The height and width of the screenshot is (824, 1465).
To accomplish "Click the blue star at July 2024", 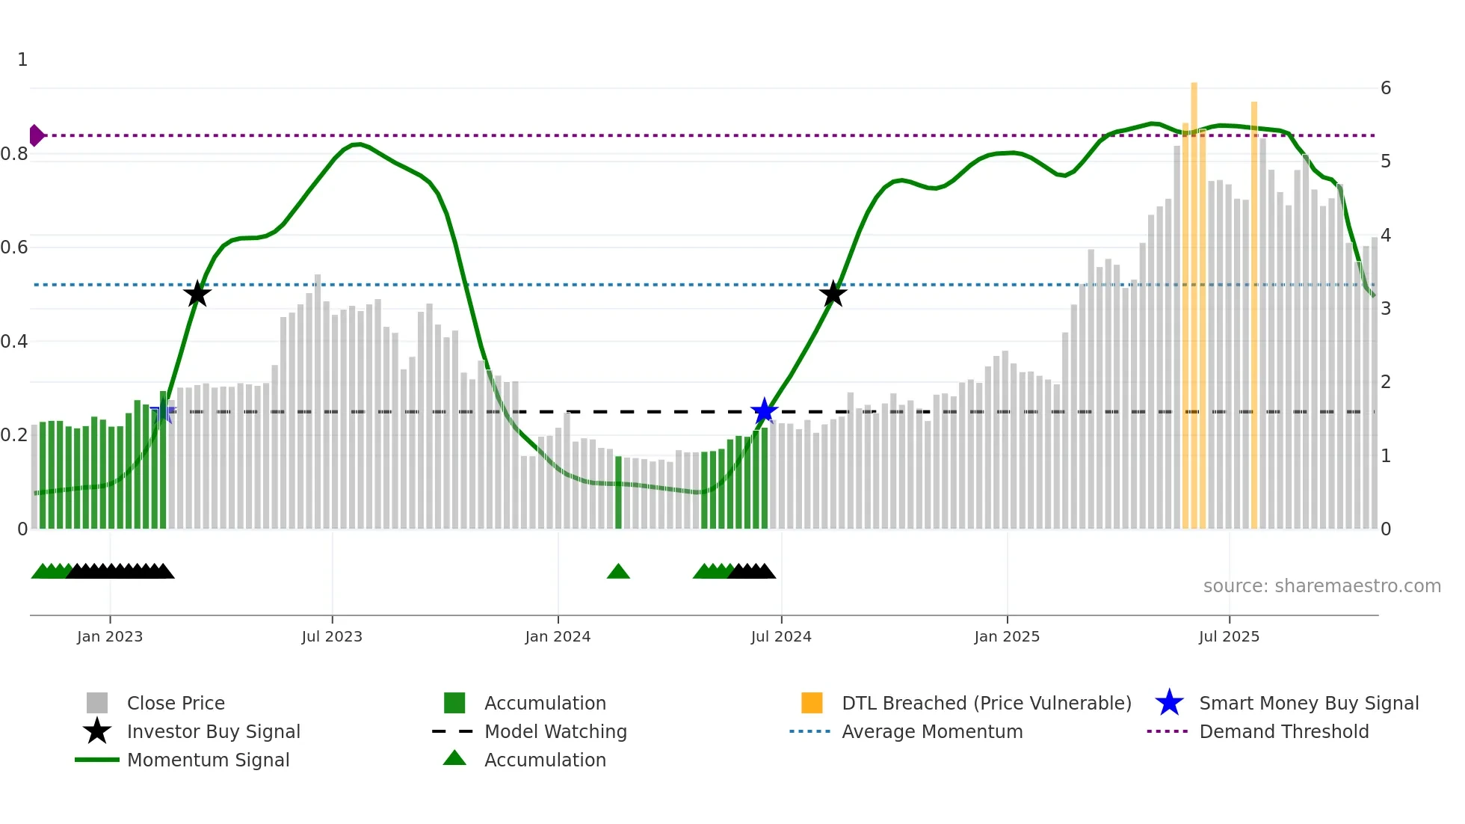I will [764, 411].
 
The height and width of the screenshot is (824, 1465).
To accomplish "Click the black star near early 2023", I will [197, 294].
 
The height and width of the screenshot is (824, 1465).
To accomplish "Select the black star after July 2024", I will [833, 294].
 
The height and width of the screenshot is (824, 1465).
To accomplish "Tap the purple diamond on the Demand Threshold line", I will [36, 135].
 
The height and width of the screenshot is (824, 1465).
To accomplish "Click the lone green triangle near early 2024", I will [618, 572].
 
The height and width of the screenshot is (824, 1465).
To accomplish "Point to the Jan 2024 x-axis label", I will [558, 637].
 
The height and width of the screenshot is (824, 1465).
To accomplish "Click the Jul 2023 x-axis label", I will [332, 637].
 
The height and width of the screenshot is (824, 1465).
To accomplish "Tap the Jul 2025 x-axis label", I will [1229, 637].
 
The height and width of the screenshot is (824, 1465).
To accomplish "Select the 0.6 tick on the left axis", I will [14, 247].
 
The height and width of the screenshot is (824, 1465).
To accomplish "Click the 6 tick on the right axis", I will [1386, 88].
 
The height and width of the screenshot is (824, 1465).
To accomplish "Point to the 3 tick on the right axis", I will [1386, 309].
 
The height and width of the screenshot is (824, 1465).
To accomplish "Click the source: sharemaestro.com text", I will [1321, 586].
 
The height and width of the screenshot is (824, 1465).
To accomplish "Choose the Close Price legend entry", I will [176, 703].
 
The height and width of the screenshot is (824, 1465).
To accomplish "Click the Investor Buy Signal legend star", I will [97, 731].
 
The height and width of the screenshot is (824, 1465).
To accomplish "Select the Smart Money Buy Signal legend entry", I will [1309, 703].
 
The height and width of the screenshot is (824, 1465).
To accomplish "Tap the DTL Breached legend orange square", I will [812, 703].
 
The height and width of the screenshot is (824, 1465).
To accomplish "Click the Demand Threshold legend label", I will [1284, 731].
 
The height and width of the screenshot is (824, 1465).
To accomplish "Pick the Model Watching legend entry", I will [555, 731].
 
